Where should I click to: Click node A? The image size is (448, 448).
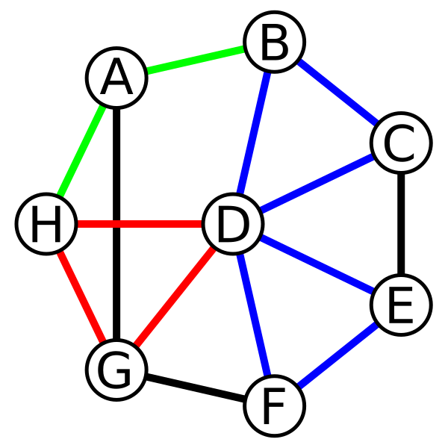point(116,78)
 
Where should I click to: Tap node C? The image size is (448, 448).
point(401,143)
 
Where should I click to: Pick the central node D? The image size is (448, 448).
point(233,224)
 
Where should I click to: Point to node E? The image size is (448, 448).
point(401,305)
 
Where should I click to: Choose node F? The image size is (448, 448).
point(274,405)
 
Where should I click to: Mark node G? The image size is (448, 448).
point(116,370)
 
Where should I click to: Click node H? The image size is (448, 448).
point(46,224)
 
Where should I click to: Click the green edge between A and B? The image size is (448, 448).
point(196,60)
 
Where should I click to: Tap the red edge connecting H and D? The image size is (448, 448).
point(140,224)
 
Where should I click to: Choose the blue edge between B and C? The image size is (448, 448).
point(337,93)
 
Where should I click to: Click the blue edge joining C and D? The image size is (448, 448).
point(317,184)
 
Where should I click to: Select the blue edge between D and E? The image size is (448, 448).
point(317,265)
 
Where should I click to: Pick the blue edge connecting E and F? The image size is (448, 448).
point(337,355)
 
